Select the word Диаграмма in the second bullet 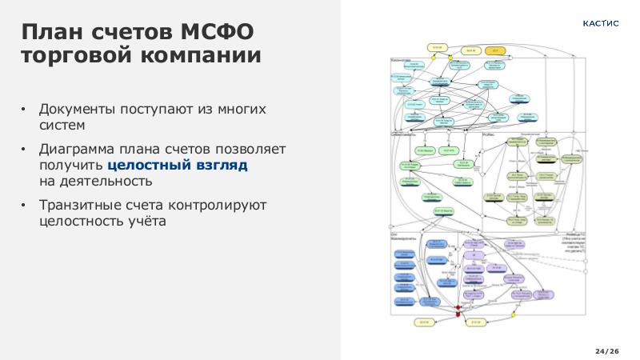coord(81,150)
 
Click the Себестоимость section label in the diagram coord(405,135)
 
